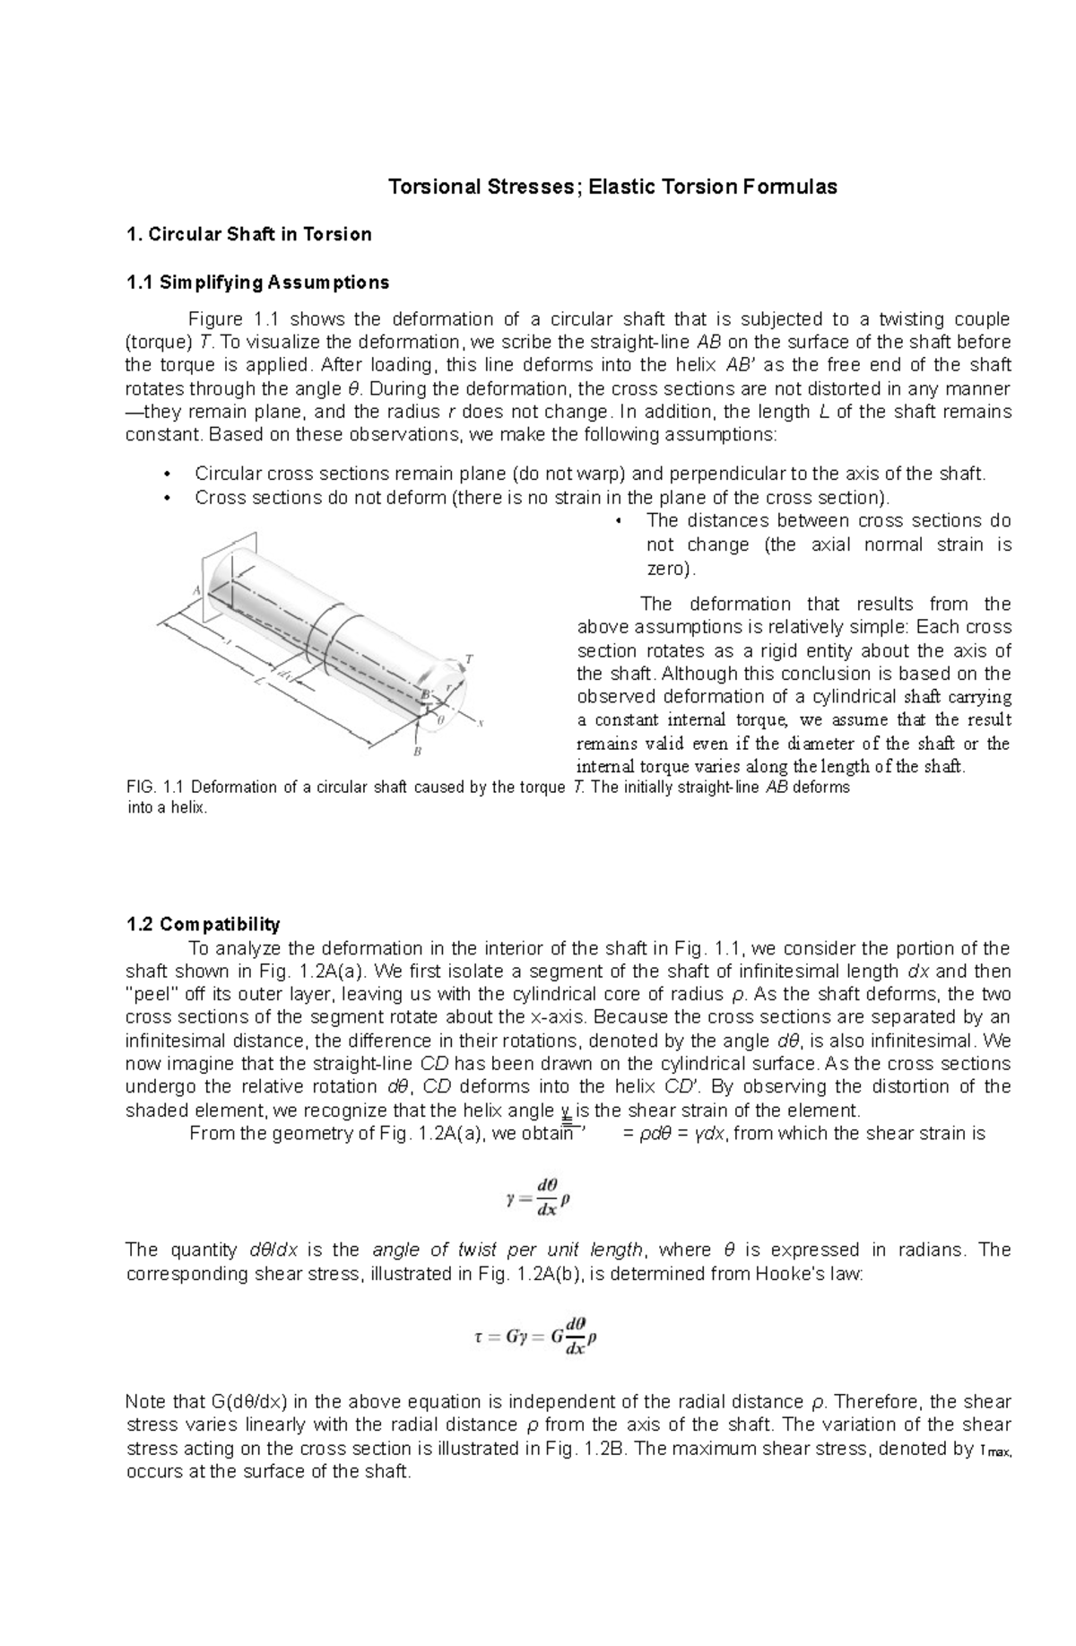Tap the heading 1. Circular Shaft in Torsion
tap(248, 235)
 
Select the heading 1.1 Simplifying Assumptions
tap(257, 283)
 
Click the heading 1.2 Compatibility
tap(203, 924)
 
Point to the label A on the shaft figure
tap(196, 590)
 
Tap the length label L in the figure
tap(257, 681)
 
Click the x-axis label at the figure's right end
tap(481, 723)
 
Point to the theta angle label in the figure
tap(440, 719)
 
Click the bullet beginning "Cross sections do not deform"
tap(542, 497)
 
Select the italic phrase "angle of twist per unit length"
tap(508, 1250)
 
